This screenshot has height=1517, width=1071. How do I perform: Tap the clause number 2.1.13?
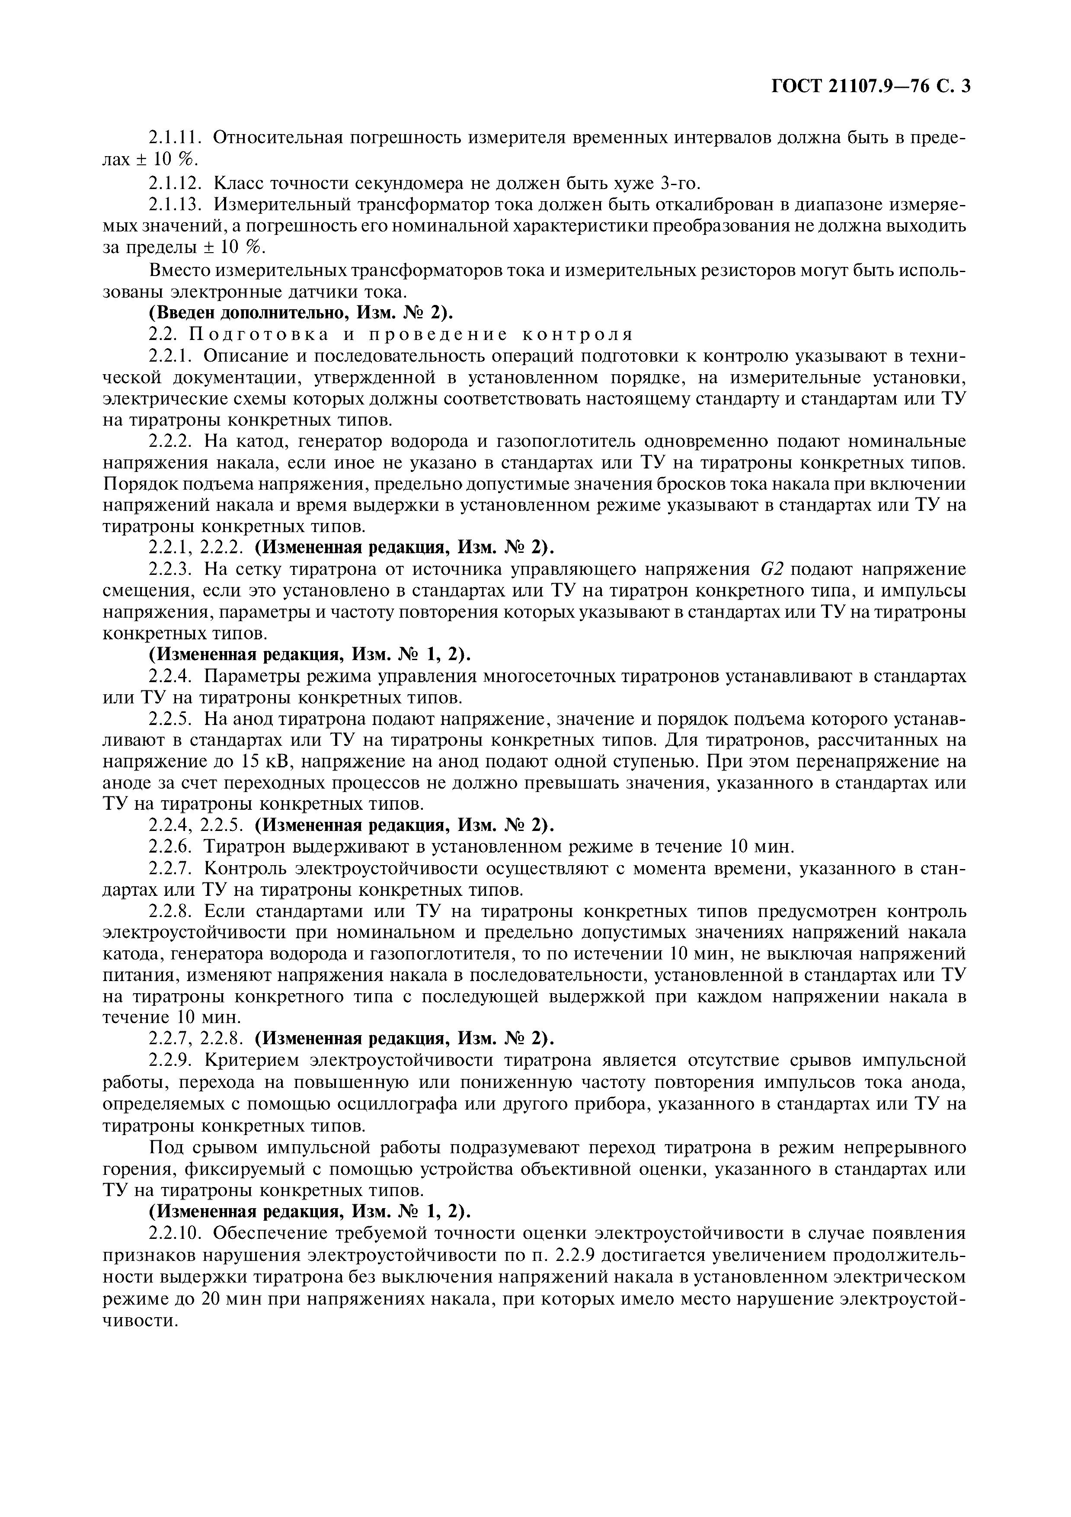click(x=175, y=204)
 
